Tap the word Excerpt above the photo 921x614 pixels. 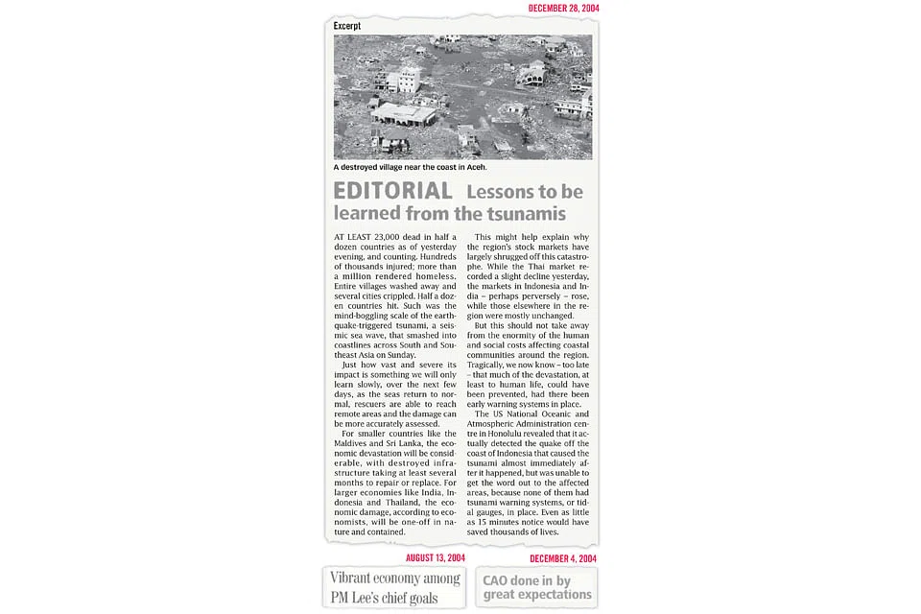pos(347,26)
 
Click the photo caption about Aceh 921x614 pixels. pos(410,167)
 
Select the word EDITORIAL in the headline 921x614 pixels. pos(393,191)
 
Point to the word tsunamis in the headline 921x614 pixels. pos(526,213)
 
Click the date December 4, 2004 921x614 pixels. pos(563,558)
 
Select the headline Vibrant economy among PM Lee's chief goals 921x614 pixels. pos(393,587)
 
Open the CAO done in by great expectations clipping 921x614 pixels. pos(536,587)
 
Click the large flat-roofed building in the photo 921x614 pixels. pos(404,115)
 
